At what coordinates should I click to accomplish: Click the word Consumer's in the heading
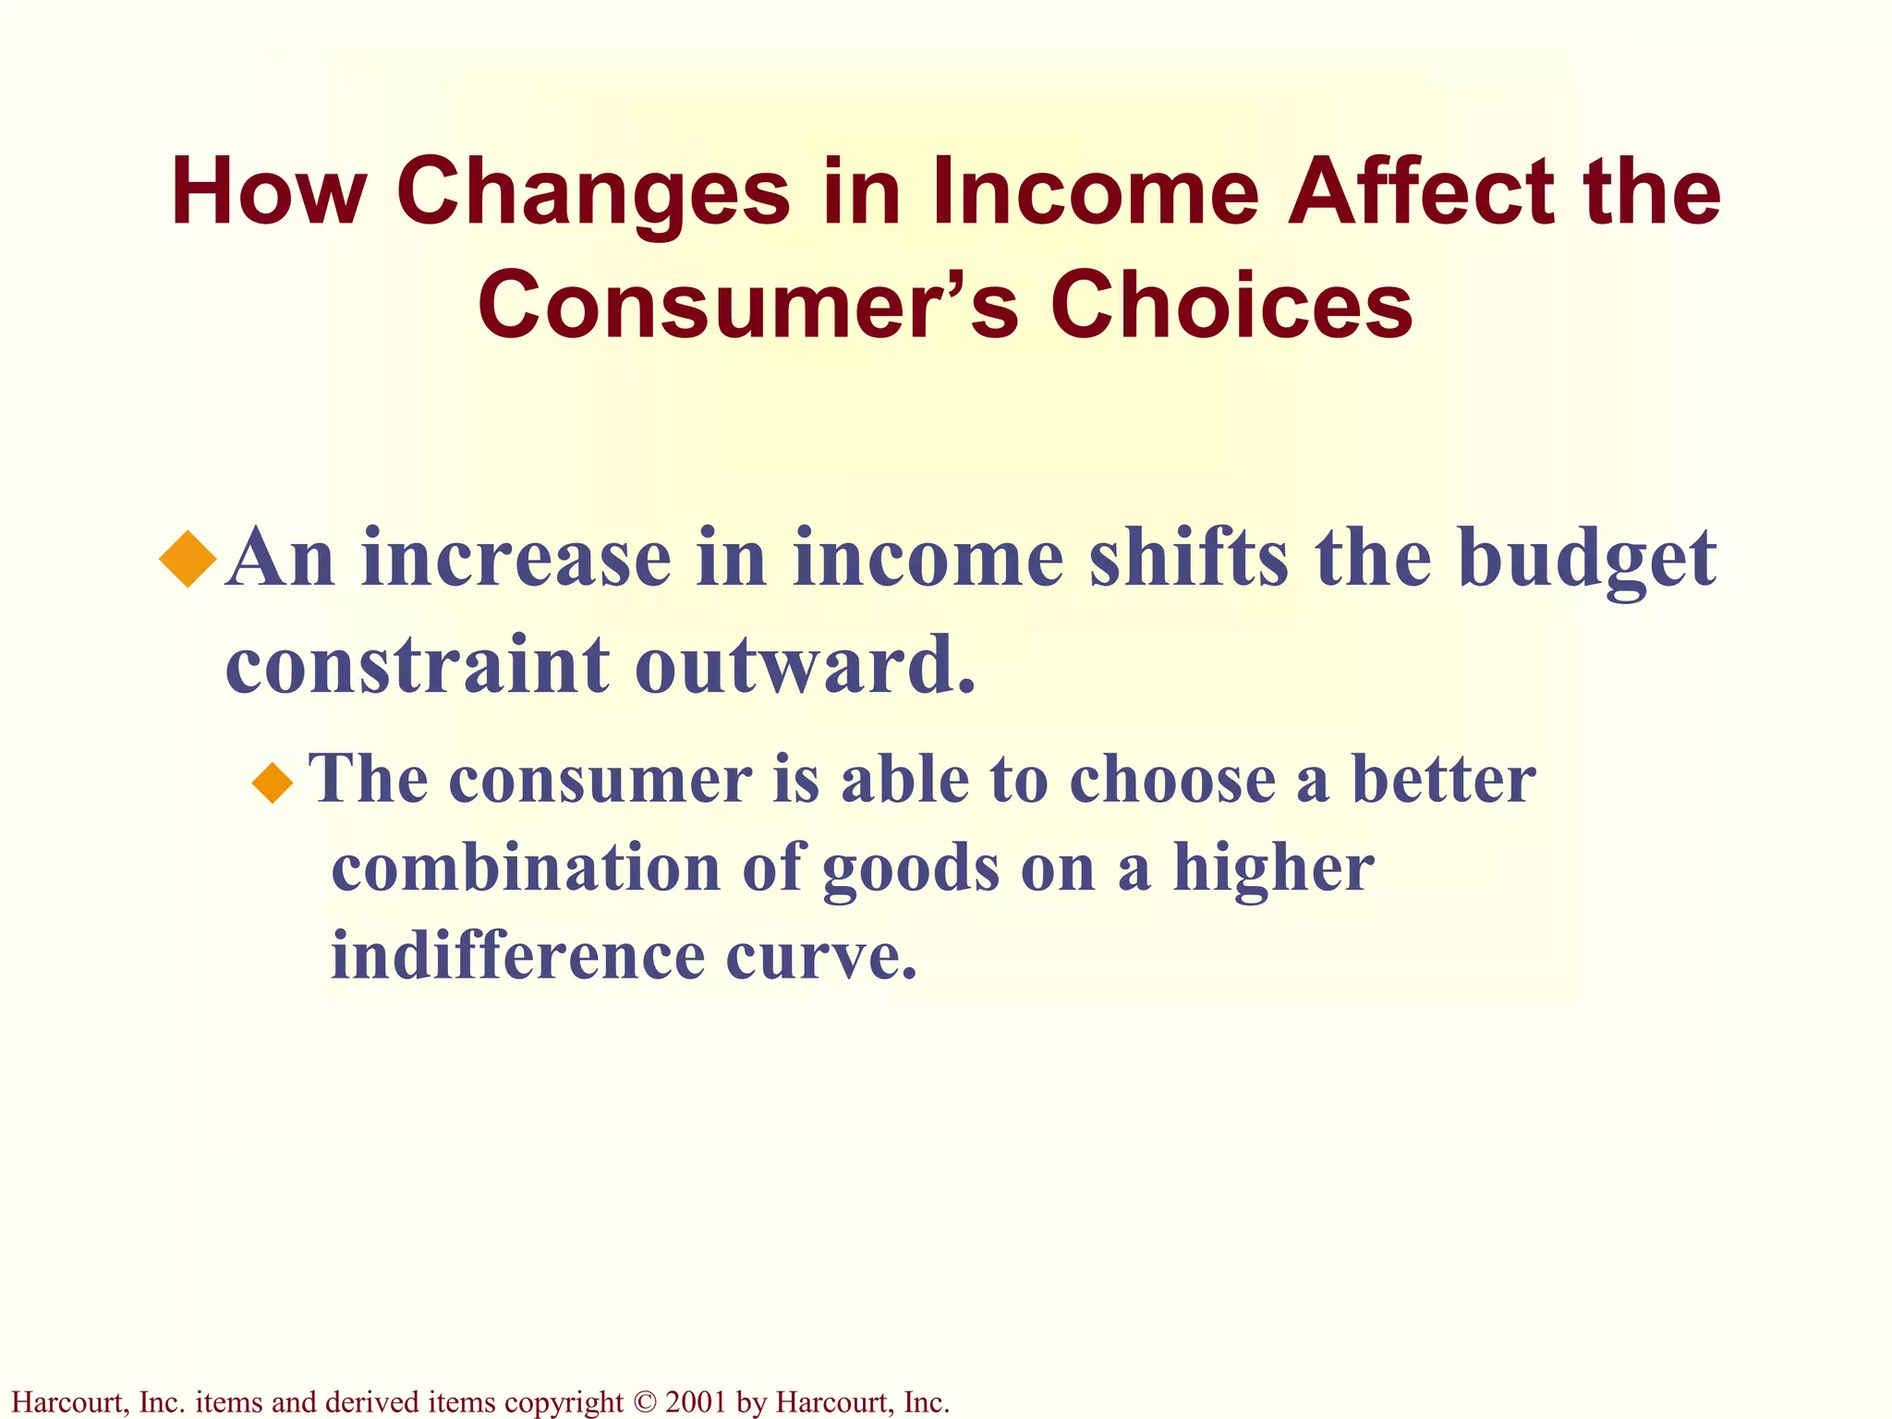click(747, 305)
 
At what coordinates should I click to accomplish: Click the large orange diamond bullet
click(188, 558)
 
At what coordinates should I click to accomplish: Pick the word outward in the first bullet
click(804, 664)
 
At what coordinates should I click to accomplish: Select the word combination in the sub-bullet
click(527, 867)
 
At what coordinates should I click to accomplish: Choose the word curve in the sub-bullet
click(820, 956)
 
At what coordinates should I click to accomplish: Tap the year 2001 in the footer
click(695, 1402)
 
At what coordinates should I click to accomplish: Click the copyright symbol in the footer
click(644, 1402)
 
